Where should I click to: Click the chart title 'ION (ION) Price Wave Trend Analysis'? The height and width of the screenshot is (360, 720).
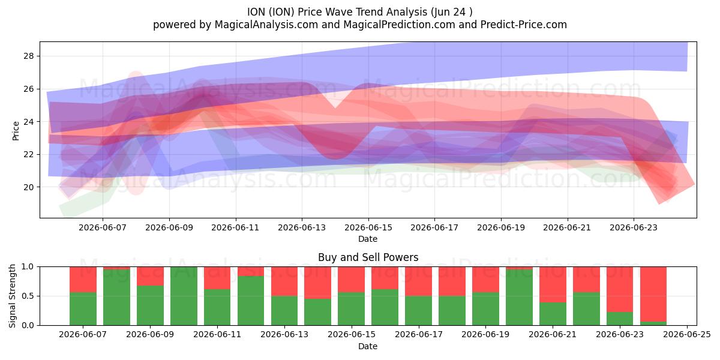[337, 12]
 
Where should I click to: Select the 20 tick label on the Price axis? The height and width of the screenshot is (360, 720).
[28, 187]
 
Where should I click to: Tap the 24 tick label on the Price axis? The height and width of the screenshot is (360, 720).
[28, 122]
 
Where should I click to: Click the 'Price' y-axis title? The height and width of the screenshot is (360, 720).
[16, 131]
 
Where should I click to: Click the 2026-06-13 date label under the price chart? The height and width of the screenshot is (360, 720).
[302, 227]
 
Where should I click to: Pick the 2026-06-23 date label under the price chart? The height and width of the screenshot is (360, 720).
[634, 227]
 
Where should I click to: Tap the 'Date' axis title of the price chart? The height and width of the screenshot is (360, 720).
[368, 239]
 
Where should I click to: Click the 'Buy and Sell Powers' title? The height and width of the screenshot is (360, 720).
[368, 257]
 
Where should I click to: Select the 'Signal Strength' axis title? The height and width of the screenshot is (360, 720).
[12, 296]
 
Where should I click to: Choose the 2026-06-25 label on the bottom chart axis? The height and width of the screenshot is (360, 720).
[687, 335]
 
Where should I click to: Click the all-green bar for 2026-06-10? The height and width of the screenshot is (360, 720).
[184, 296]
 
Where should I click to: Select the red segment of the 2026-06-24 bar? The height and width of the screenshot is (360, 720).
[653, 294]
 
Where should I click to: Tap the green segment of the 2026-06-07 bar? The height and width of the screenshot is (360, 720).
[83, 308]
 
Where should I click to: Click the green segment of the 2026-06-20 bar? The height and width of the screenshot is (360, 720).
[519, 298]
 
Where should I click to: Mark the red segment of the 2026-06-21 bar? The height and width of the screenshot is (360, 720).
[553, 284]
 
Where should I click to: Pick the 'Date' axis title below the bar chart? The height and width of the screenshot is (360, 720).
[368, 346]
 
